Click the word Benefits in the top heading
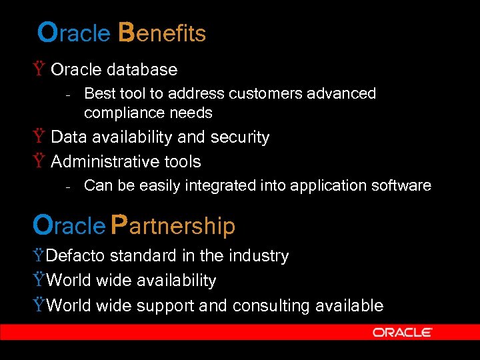[x=163, y=33]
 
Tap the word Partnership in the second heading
[x=173, y=226]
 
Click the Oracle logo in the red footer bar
[x=402, y=332]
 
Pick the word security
[x=240, y=137]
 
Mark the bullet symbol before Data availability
[x=39, y=137]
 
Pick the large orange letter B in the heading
[x=127, y=32]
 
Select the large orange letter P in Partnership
[x=119, y=225]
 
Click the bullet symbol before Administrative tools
[x=39, y=161]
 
